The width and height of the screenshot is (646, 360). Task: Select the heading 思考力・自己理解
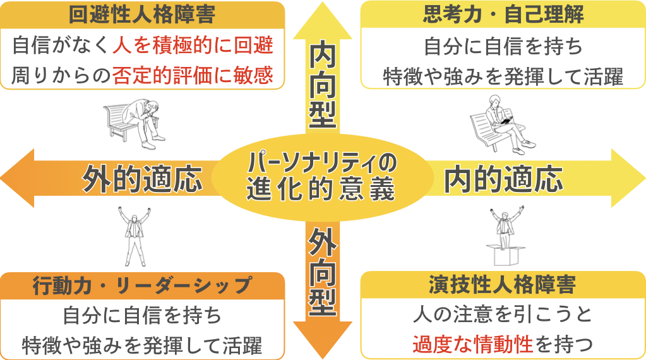click(503, 15)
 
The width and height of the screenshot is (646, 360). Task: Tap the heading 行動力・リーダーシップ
click(142, 285)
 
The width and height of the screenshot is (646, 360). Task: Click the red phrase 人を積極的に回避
click(193, 45)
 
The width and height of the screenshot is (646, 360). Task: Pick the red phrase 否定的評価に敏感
click(193, 76)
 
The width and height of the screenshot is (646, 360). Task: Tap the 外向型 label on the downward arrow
click(323, 272)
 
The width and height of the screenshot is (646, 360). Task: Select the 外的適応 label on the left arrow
click(143, 179)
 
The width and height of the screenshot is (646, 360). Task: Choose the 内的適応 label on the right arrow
click(503, 179)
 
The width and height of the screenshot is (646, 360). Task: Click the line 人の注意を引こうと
click(503, 314)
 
